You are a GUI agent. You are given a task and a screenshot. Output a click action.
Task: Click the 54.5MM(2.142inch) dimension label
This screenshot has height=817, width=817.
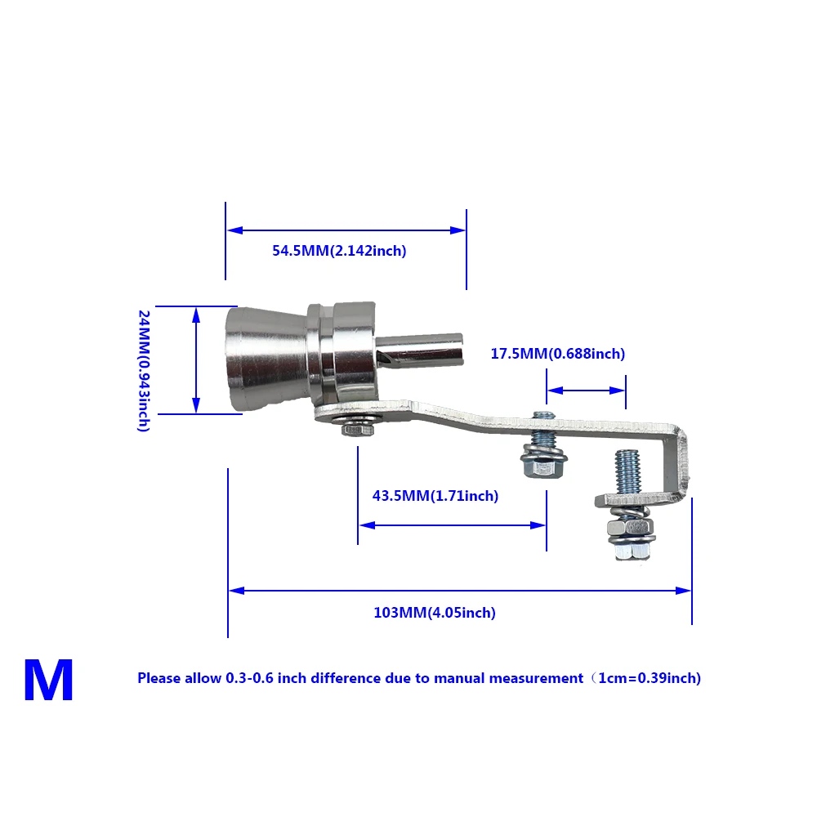pyautogui.click(x=339, y=251)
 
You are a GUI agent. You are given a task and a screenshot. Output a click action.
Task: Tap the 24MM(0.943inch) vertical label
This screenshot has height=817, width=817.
pyautogui.click(x=144, y=370)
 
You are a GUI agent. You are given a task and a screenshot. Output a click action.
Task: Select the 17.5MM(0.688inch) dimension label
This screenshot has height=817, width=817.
pyautogui.click(x=557, y=354)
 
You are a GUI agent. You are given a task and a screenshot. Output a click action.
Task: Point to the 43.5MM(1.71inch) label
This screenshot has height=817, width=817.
pyautogui.click(x=435, y=496)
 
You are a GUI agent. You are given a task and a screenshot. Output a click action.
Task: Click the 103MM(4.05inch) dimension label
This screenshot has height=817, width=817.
pyautogui.click(x=435, y=613)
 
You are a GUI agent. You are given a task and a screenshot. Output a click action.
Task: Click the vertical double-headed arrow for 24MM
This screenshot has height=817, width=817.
pyautogui.click(x=196, y=359)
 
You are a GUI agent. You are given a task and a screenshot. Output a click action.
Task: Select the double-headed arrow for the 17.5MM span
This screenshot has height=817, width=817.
pyautogui.click(x=586, y=391)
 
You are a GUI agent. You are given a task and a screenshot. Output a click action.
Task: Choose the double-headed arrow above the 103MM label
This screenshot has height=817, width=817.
pyautogui.click(x=460, y=590)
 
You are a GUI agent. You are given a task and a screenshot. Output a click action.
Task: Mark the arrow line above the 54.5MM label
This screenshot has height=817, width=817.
pyautogui.click(x=346, y=230)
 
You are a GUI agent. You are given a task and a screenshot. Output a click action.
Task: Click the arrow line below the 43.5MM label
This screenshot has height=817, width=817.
pyautogui.click(x=452, y=525)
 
